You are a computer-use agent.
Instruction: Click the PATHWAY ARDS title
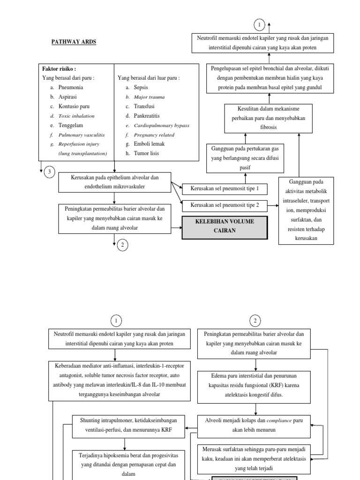(73, 42)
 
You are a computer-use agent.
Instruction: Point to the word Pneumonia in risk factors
(71, 87)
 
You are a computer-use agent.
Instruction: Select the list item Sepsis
(141, 87)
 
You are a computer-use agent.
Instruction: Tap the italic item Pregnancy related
(154, 135)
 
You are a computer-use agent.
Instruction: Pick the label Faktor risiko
(59, 68)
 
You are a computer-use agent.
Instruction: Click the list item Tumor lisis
(147, 153)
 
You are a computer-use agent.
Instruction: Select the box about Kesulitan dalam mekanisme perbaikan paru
(268, 118)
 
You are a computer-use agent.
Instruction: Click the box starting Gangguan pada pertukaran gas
(245, 158)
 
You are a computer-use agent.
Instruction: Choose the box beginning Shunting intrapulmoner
(124, 425)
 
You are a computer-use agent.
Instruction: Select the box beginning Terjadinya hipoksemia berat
(124, 465)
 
